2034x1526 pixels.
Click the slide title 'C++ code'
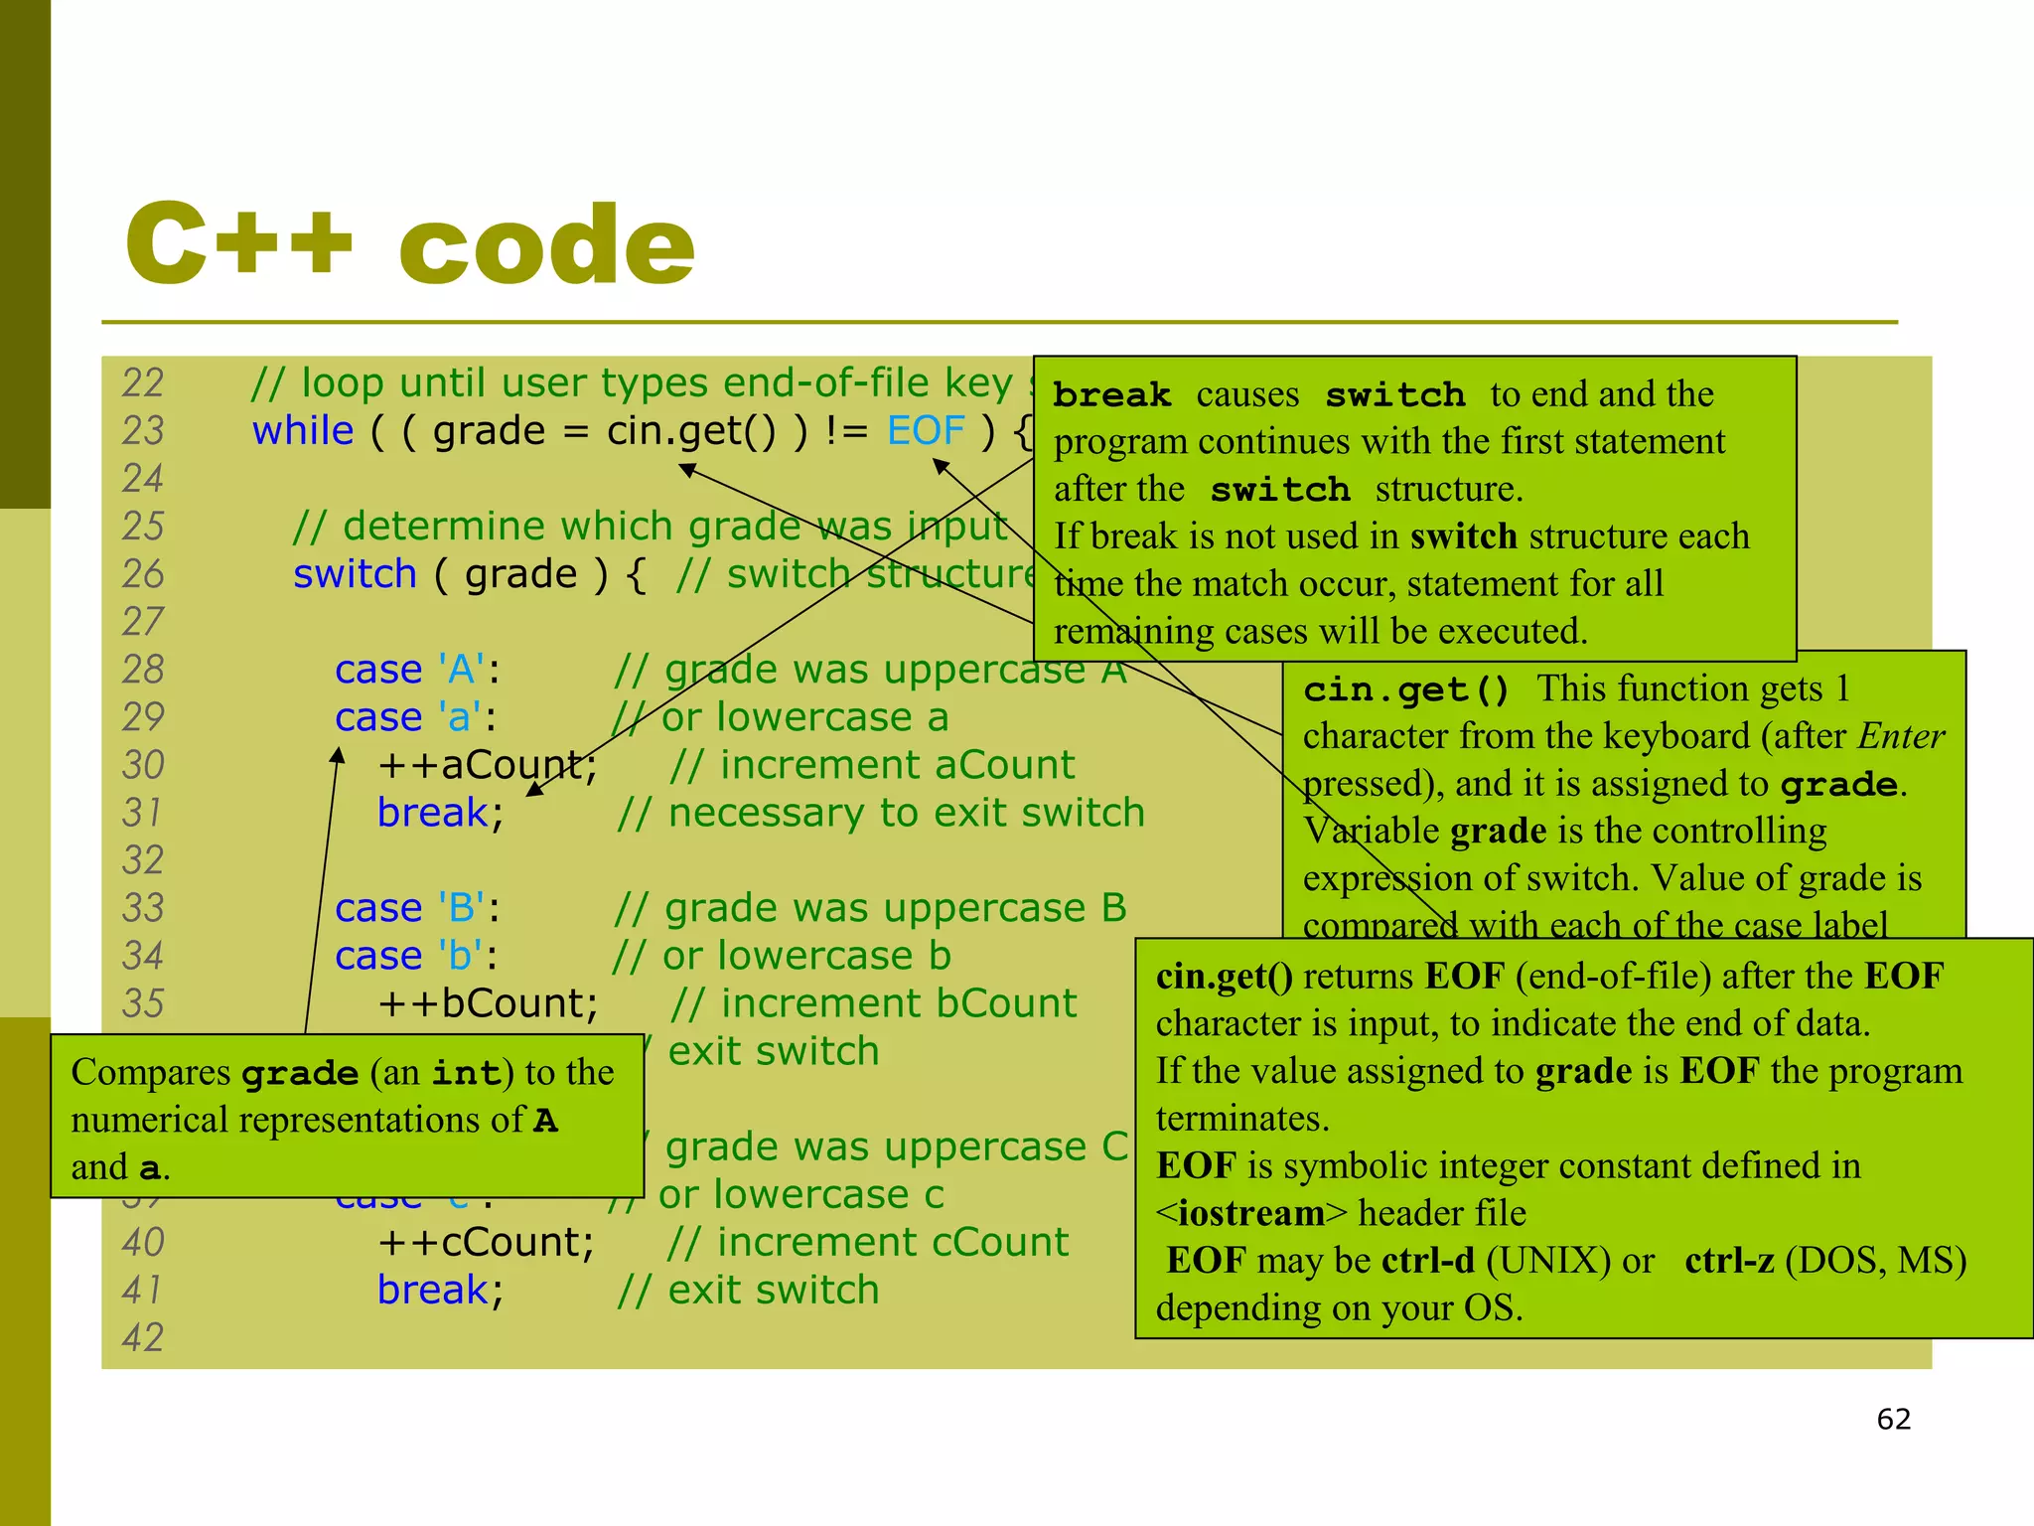click(409, 243)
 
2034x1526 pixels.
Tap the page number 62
click(1893, 1419)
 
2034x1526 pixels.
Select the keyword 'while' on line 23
click(302, 431)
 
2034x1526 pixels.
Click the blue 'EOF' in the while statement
click(926, 431)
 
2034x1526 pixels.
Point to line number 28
click(143, 670)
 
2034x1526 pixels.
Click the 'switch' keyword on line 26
click(355, 574)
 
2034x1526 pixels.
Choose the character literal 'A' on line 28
click(461, 670)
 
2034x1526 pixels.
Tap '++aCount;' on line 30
click(487, 765)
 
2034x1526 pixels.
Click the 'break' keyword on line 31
click(433, 813)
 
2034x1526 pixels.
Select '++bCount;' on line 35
click(488, 1003)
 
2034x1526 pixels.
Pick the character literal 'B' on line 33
click(461, 908)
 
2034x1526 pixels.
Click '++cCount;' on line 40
click(486, 1242)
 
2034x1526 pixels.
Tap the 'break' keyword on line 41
click(433, 1290)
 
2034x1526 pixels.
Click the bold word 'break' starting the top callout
click(1111, 395)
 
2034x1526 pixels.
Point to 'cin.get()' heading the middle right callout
click(1405, 689)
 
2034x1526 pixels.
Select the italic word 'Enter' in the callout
click(1901, 736)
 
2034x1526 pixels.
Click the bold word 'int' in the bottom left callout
click(466, 1074)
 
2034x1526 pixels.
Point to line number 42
click(143, 1337)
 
